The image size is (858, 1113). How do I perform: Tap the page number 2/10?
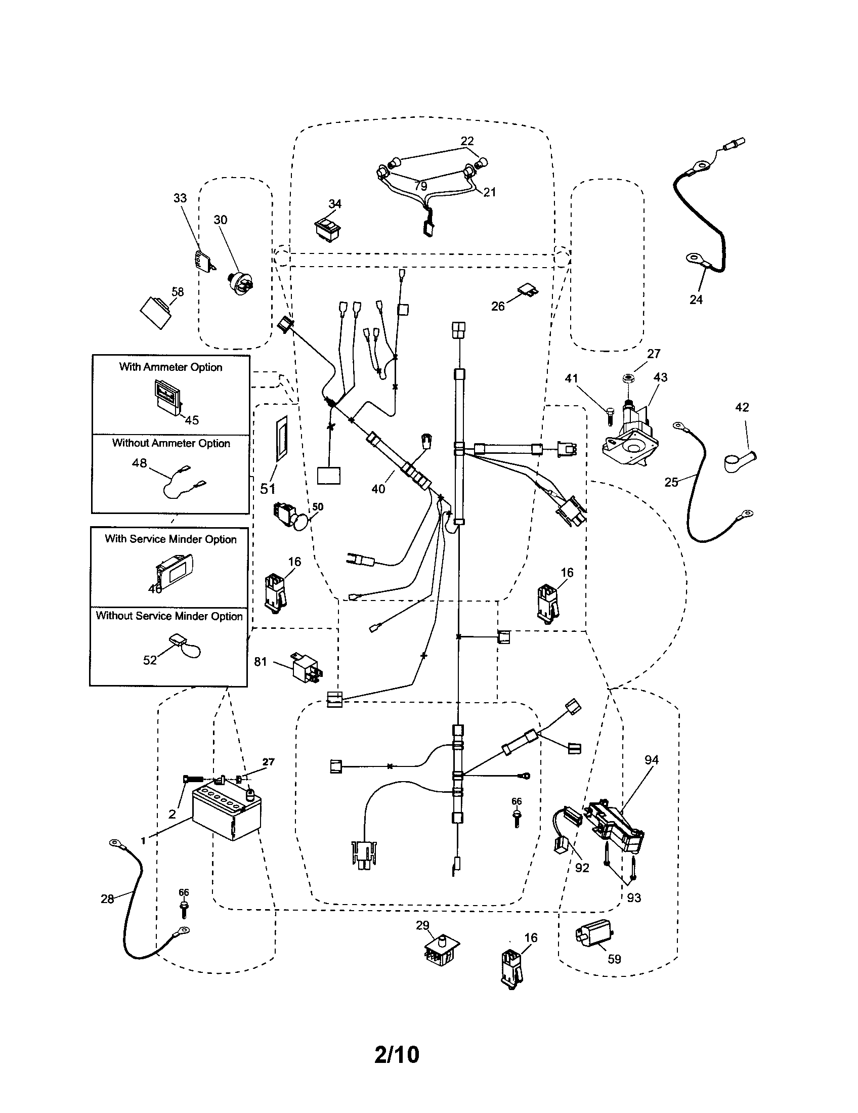[x=397, y=1055]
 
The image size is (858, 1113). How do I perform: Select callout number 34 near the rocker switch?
[x=335, y=204]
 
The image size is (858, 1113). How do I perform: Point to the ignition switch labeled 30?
[x=241, y=283]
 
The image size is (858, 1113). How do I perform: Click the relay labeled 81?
[x=306, y=667]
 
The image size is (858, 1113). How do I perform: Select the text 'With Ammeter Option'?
[x=170, y=367]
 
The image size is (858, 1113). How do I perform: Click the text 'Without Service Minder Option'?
[x=169, y=616]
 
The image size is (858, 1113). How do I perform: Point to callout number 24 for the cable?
[x=696, y=299]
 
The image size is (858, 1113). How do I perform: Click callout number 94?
[x=651, y=760]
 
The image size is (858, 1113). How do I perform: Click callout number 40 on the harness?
[x=378, y=489]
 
